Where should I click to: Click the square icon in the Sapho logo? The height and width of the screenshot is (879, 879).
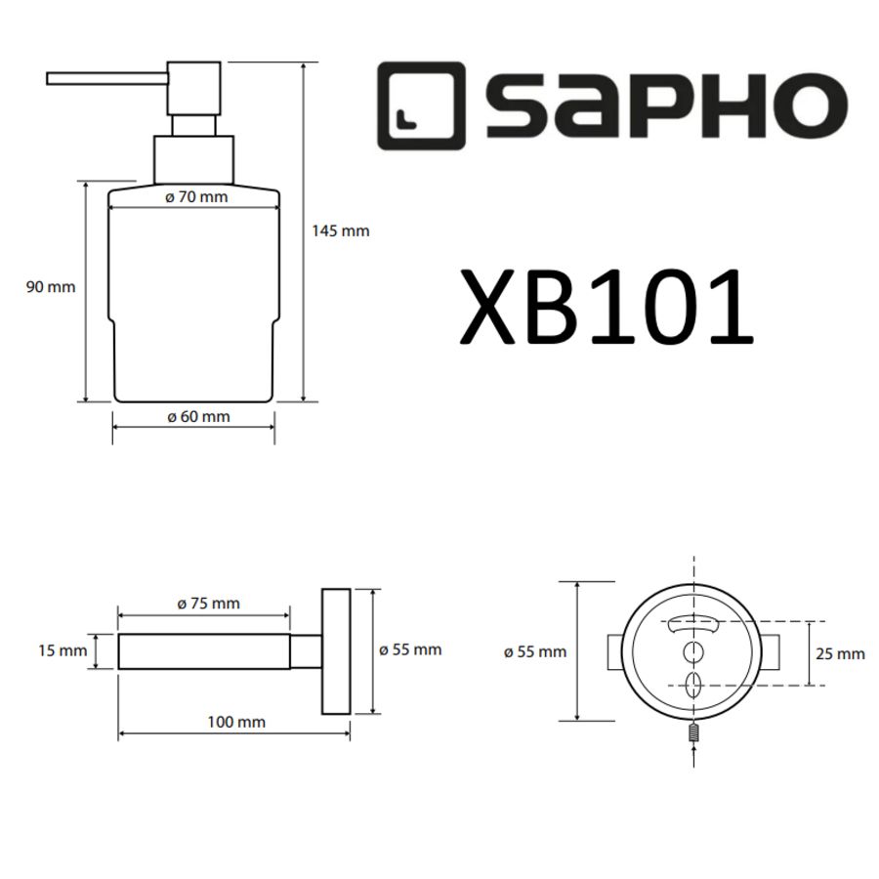point(420,105)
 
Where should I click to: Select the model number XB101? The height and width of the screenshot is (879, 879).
point(607,307)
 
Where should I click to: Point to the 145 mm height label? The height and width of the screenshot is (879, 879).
point(341,231)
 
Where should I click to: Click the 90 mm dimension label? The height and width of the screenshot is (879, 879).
point(50,287)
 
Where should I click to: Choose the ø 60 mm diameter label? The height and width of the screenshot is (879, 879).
point(198,417)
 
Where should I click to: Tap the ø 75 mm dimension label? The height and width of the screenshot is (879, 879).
point(208,604)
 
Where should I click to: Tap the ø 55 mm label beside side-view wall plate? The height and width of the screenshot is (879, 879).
point(410,649)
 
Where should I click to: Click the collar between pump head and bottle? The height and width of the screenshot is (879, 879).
point(194,159)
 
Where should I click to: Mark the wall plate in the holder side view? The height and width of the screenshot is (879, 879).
point(336,650)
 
